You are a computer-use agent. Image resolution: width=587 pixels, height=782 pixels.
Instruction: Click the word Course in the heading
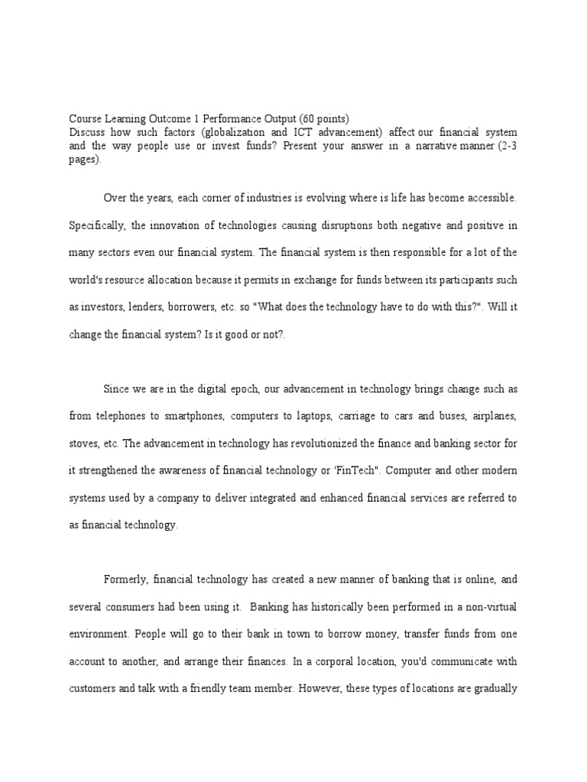tap(85, 119)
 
